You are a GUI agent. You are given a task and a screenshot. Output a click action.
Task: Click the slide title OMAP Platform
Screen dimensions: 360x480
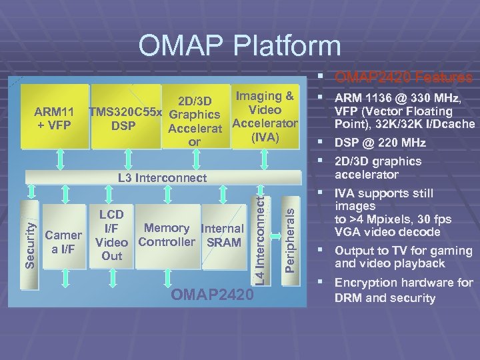pos(239,45)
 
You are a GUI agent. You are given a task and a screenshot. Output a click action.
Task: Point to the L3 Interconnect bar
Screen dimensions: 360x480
pos(162,177)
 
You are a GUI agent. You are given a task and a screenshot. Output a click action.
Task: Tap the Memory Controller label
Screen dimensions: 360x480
pos(166,235)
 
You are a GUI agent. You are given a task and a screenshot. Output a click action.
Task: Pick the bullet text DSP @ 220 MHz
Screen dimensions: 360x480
pos(380,143)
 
